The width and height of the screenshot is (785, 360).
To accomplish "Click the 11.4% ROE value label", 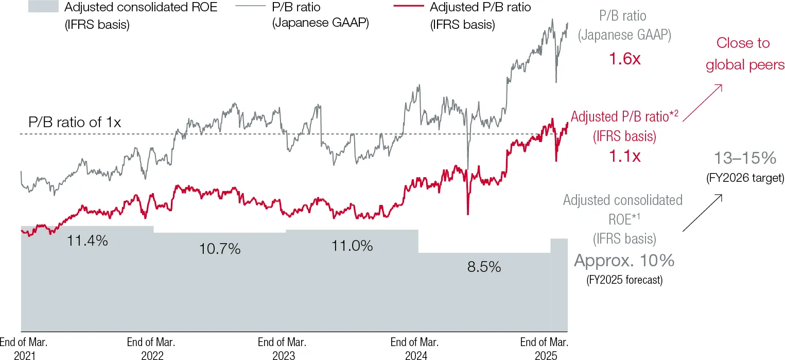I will coord(87,240).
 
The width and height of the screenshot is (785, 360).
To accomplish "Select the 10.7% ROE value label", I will coord(220,250).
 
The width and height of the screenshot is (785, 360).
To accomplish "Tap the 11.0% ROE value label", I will coord(352,246).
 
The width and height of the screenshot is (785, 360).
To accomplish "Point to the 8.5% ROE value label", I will coord(484,267).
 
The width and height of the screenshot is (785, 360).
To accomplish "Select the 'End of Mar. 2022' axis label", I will coord(151,349).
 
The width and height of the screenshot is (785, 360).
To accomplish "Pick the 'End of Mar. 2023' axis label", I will coord(282,349).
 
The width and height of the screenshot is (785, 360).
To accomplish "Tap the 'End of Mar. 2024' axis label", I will coord(414,349).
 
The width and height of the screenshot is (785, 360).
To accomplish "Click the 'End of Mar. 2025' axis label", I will coord(545,349).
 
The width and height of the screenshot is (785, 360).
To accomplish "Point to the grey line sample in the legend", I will coord(252,7).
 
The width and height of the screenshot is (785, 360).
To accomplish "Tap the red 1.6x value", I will coord(624,59).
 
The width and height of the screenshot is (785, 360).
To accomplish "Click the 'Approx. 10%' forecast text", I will coord(624,261).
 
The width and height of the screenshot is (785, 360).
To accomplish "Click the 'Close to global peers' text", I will coord(744,54).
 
